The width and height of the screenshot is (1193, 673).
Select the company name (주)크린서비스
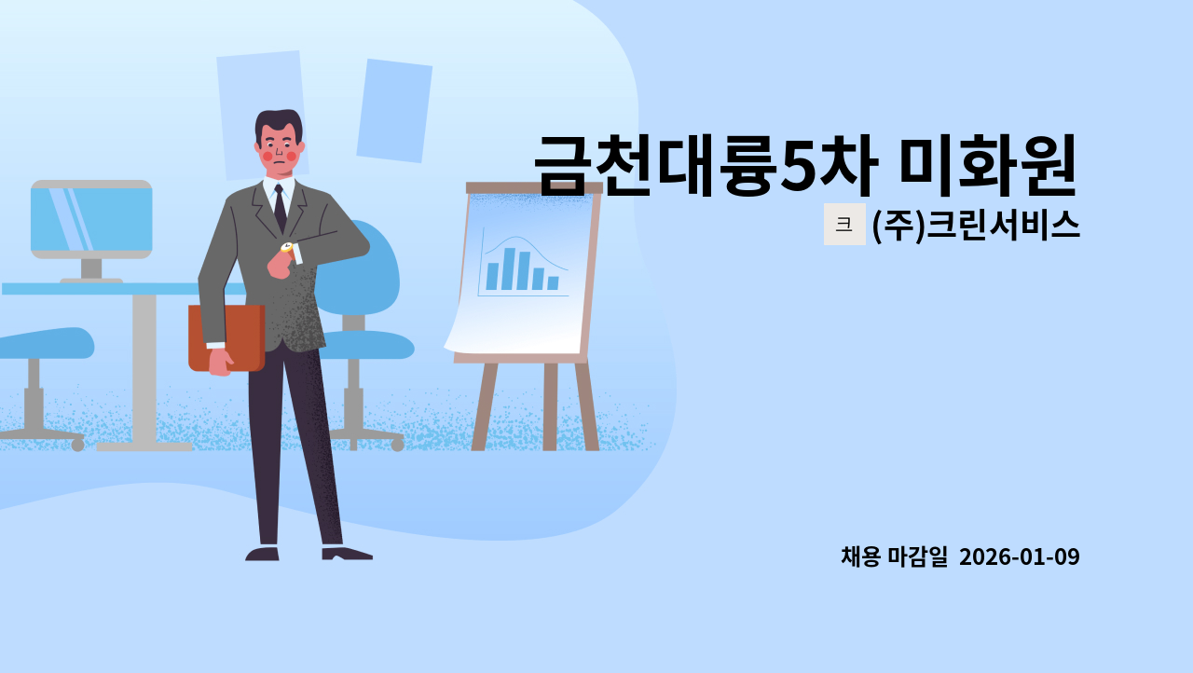point(976,225)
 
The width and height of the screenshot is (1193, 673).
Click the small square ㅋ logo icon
point(844,225)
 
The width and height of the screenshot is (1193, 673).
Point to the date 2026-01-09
point(1019,556)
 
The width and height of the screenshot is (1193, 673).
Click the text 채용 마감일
point(894,556)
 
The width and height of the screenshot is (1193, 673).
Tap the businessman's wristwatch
point(287,248)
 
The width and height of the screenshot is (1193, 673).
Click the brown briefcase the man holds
point(226,336)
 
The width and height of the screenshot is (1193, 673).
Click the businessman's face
point(279,149)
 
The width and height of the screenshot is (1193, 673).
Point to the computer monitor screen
point(91,219)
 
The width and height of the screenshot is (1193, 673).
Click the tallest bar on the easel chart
point(508,268)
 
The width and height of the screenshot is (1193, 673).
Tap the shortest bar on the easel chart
point(553,282)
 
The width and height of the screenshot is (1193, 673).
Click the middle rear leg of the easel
point(550,405)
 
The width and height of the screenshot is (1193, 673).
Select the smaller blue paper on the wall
point(394,110)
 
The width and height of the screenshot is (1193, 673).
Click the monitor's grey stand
point(90,270)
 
